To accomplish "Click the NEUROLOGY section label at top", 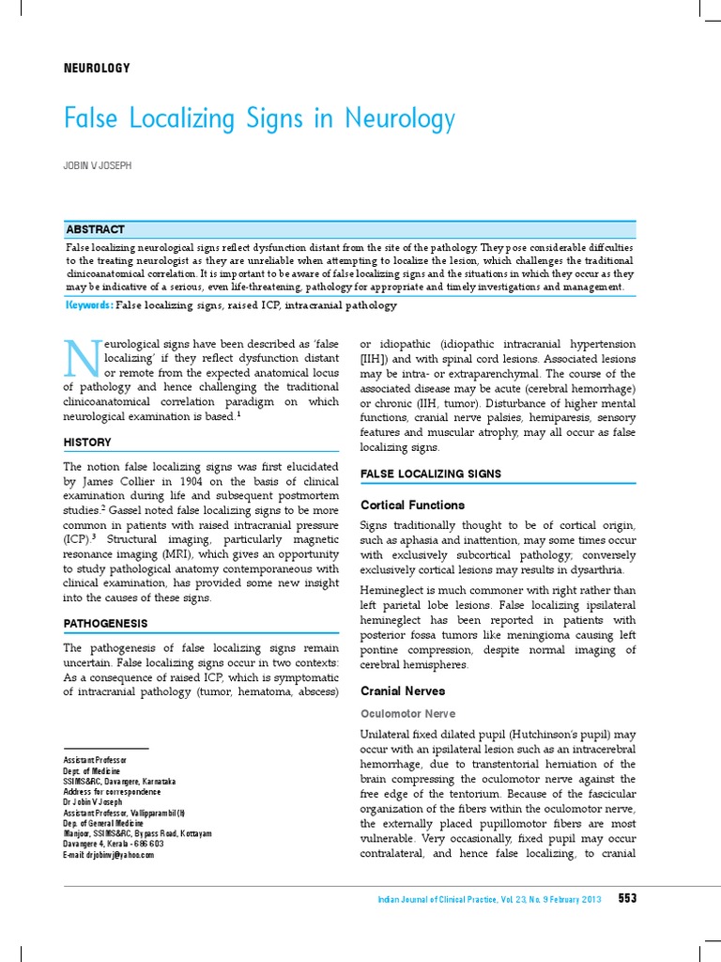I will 96,69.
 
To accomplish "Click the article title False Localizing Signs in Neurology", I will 259,119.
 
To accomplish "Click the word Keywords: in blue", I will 89,305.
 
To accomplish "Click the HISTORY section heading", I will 87,442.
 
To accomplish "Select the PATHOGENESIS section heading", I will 105,623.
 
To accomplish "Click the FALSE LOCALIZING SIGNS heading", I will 431,473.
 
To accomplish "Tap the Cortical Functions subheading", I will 412,504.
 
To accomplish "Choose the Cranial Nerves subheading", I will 403,690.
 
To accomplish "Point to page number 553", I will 627,898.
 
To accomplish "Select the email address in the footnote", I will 108,855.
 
